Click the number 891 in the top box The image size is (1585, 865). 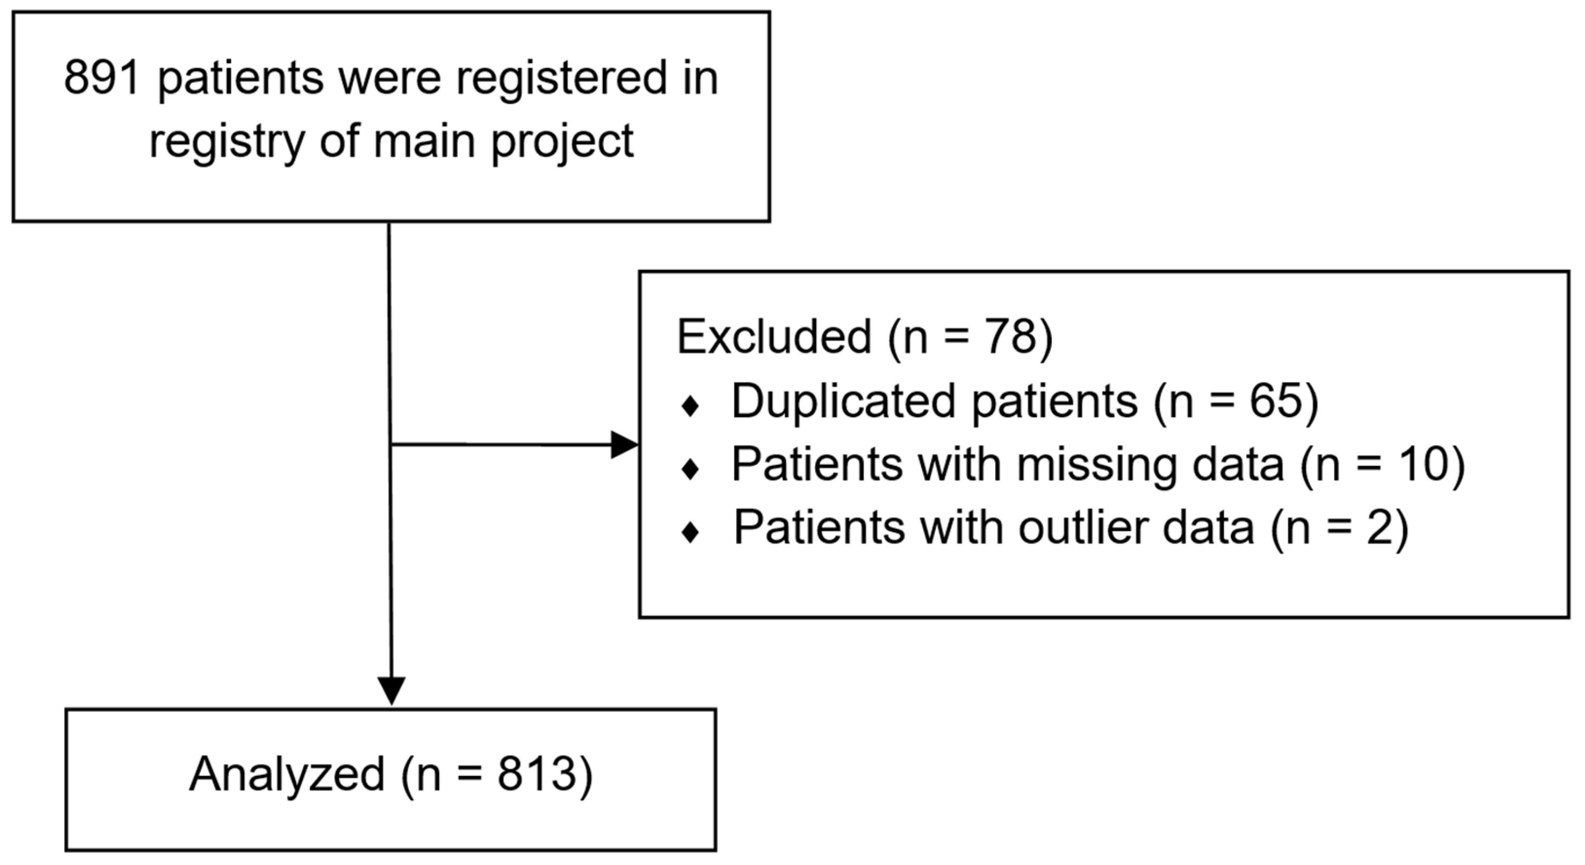coord(102,78)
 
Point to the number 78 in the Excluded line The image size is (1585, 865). coord(1011,337)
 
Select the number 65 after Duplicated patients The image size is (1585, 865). coord(1275,402)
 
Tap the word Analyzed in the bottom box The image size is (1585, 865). coord(287,774)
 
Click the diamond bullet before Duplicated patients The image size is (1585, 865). coord(690,406)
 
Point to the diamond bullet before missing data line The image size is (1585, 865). coord(690,470)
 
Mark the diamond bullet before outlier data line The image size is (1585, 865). coord(690,533)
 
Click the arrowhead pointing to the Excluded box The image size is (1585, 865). coord(624,445)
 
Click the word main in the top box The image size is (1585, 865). coord(425,142)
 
